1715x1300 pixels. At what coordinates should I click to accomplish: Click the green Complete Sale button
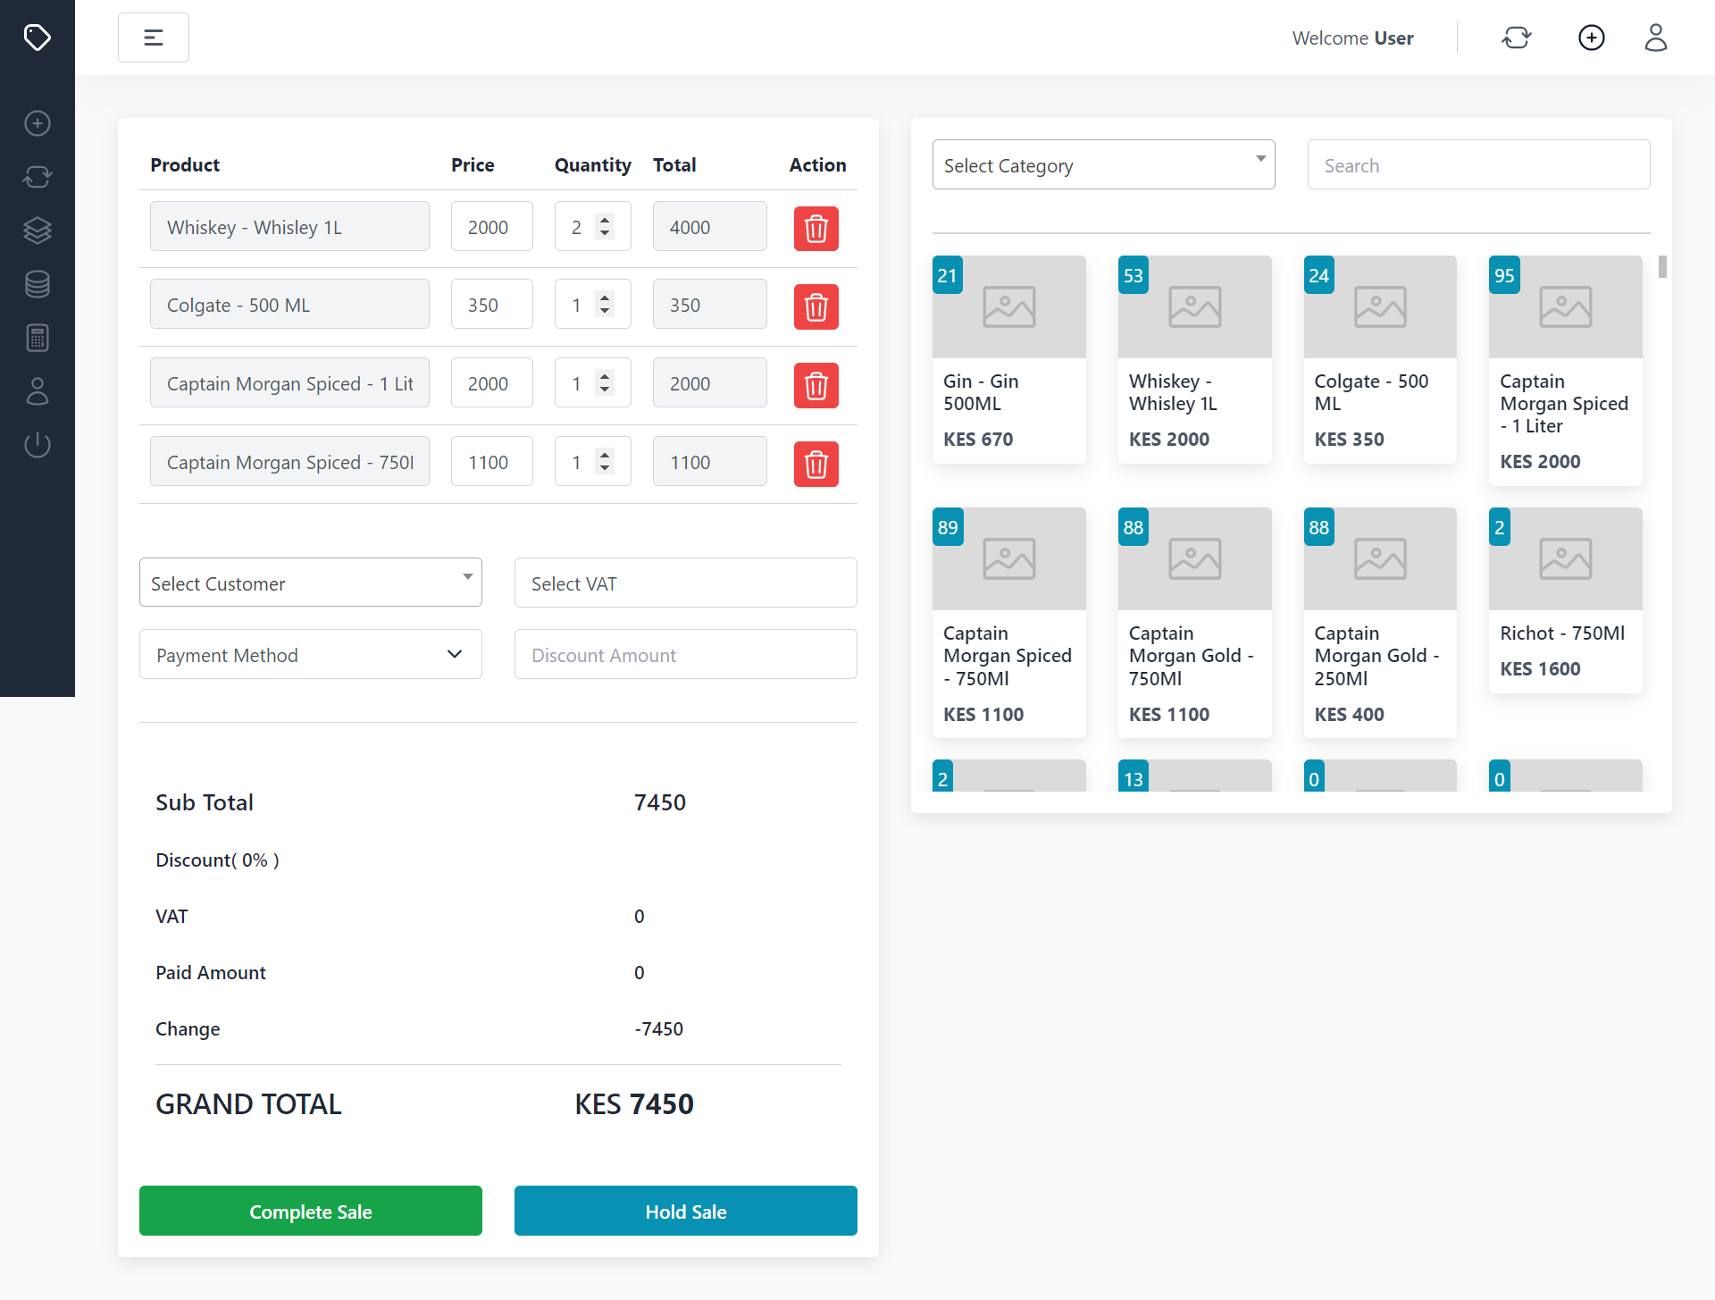pos(310,1211)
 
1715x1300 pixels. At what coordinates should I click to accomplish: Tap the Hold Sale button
pos(685,1211)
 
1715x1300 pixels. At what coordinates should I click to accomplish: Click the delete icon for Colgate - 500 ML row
pos(816,306)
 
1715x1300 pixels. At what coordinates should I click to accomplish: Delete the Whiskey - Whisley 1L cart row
pos(816,229)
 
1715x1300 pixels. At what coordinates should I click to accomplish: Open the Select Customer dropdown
pos(310,583)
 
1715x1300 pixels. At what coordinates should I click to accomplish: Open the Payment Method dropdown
pos(310,654)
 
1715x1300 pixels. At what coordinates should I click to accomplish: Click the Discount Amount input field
pos(685,654)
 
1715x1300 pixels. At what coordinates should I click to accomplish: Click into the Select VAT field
pos(685,583)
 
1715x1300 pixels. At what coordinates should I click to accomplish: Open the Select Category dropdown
pos(1103,164)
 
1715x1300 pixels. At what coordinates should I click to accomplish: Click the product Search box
pos(1478,164)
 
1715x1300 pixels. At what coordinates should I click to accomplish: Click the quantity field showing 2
pos(578,227)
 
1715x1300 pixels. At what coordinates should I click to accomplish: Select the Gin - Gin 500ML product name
pos(981,392)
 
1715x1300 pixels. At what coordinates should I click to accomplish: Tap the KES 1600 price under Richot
pos(1540,668)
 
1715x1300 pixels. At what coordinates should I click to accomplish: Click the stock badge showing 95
pos(1504,275)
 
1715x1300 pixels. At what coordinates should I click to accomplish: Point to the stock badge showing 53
pos(1133,275)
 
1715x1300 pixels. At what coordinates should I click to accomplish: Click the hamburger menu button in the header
pos(154,38)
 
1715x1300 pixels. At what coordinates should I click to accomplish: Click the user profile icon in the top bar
pos(1655,38)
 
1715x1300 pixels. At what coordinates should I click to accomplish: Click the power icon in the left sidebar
pos(38,444)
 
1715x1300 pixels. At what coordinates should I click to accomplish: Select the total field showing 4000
pos(709,227)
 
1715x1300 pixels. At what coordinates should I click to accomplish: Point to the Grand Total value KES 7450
pos(634,1103)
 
